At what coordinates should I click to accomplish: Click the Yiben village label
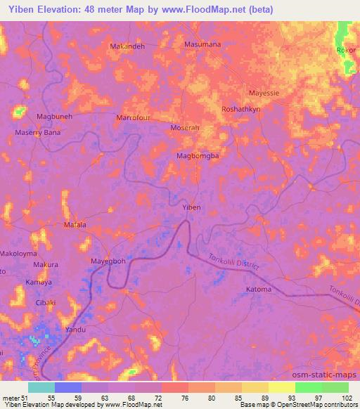(192, 207)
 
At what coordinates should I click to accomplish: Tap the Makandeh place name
(128, 46)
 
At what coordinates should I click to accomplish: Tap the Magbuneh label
(54, 117)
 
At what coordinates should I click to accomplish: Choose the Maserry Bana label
(38, 132)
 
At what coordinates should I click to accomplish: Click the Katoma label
(259, 289)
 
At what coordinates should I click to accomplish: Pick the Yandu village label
(75, 329)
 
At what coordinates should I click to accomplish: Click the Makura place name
(46, 264)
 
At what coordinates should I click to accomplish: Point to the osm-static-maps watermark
(326, 374)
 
